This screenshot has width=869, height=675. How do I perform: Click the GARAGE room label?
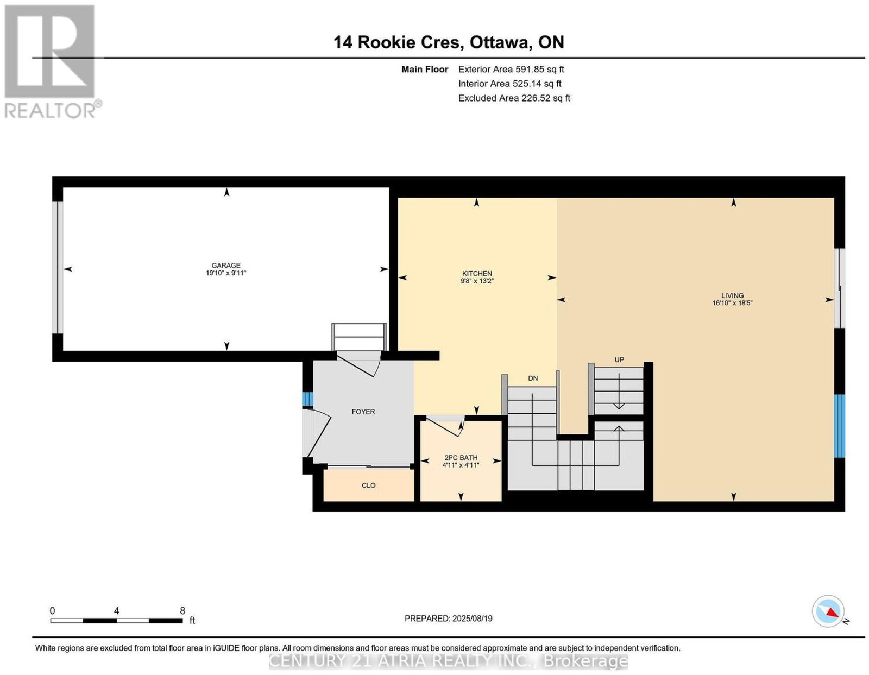[226, 266]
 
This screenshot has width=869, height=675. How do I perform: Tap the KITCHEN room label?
[477, 273]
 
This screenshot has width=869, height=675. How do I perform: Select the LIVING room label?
[732, 295]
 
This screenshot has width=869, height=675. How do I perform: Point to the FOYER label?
[363, 412]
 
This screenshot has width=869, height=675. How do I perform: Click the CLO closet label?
[368, 485]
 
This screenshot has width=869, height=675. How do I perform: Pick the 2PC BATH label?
[461, 458]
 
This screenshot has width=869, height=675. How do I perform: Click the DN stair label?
[533, 378]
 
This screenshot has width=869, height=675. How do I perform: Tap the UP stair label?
[619, 359]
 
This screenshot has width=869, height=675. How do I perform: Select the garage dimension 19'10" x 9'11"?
[226, 273]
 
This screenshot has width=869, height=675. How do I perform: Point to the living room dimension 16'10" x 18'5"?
[732, 303]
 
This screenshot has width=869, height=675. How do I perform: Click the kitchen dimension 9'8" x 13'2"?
[477, 281]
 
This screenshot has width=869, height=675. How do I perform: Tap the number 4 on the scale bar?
[116, 611]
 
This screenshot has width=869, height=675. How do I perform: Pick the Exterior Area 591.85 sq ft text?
[511, 69]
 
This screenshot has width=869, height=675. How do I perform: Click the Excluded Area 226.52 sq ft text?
[514, 98]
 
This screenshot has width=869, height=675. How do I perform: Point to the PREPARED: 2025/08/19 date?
[448, 618]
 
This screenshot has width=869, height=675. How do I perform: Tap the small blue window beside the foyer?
[307, 399]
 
